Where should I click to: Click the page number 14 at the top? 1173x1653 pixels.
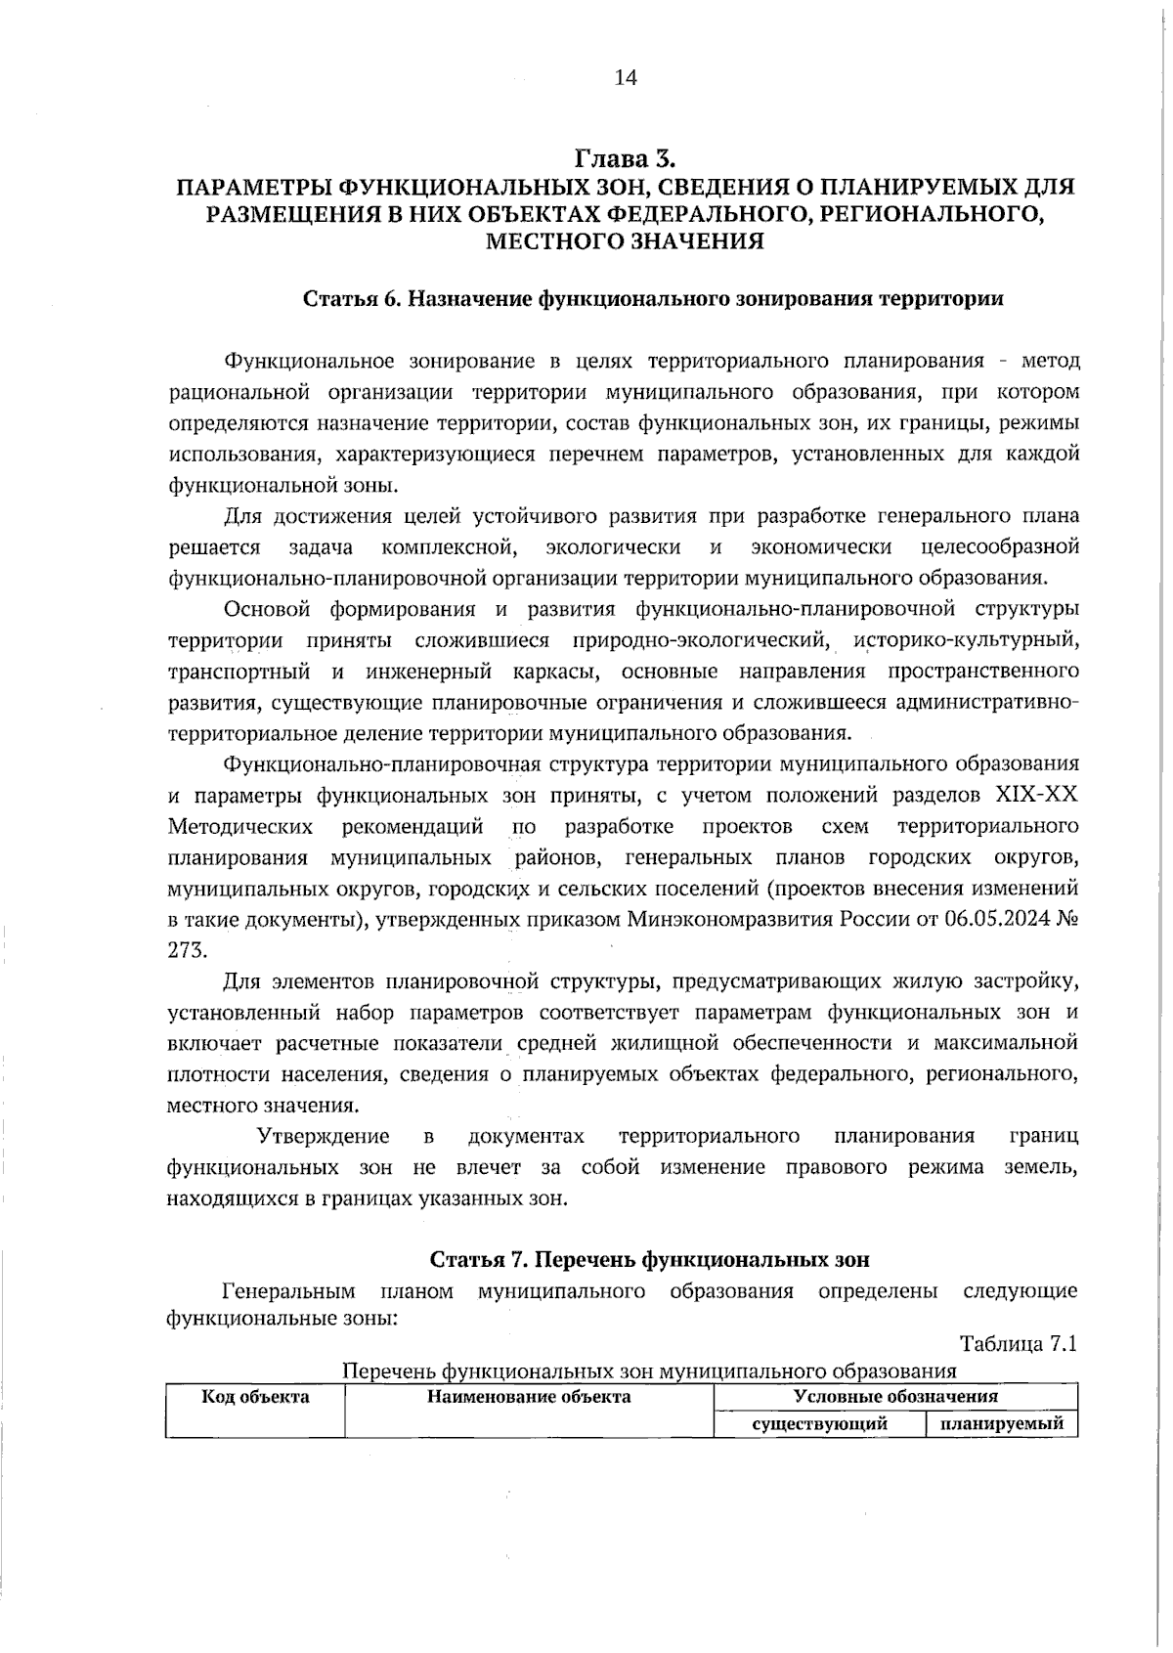point(626,78)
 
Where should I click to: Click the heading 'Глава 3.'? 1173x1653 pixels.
point(626,157)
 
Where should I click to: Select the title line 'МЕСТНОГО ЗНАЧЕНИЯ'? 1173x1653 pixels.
point(626,240)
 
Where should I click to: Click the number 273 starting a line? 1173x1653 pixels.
point(188,951)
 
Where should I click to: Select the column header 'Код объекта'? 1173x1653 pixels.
point(255,1397)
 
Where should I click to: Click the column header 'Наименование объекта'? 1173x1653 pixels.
point(529,1397)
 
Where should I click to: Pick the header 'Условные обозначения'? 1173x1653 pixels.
point(895,1397)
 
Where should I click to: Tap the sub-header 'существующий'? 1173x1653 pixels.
point(819,1424)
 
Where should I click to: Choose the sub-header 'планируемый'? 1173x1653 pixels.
point(1001,1424)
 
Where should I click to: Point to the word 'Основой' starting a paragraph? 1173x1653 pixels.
point(267,610)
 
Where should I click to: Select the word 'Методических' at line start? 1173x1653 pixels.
point(240,827)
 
